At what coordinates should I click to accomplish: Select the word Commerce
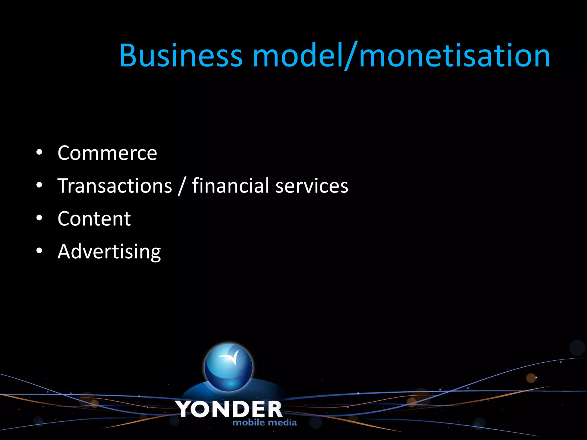[107, 153]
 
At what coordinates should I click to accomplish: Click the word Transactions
[115, 186]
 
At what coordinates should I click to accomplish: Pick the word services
[312, 186]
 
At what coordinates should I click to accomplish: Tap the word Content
[94, 219]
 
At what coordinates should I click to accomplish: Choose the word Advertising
[109, 252]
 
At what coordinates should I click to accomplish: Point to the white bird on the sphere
[230, 357]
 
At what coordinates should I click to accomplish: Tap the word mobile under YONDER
[249, 423]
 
